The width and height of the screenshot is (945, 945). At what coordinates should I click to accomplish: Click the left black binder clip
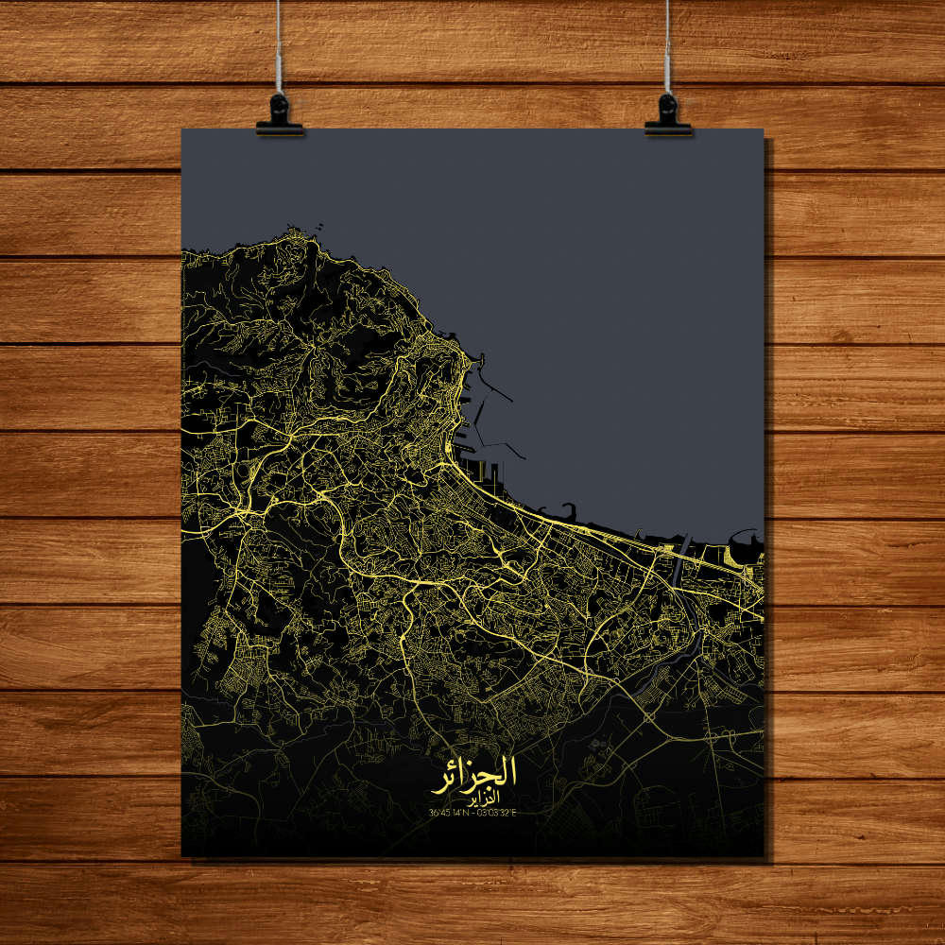(x=280, y=114)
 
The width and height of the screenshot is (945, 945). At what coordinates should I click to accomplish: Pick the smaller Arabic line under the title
(x=473, y=799)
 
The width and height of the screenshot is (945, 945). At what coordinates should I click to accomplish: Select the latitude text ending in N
(x=448, y=812)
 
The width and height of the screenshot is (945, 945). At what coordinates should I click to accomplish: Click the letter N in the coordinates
(x=467, y=812)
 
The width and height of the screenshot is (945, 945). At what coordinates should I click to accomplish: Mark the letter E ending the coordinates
(x=516, y=812)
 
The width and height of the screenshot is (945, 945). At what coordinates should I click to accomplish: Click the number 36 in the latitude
(x=433, y=812)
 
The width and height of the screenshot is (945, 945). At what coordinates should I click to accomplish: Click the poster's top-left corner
(x=182, y=129)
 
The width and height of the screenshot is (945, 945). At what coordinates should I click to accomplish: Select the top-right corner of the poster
(x=763, y=129)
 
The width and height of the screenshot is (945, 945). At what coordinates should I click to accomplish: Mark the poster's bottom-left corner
(x=182, y=856)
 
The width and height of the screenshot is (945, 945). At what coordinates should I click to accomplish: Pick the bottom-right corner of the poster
(x=763, y=856)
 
